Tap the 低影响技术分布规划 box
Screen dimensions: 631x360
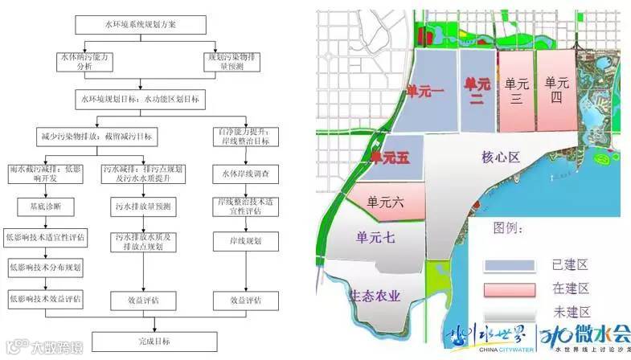point(50,266)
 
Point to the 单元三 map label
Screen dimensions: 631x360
point(515,90)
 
